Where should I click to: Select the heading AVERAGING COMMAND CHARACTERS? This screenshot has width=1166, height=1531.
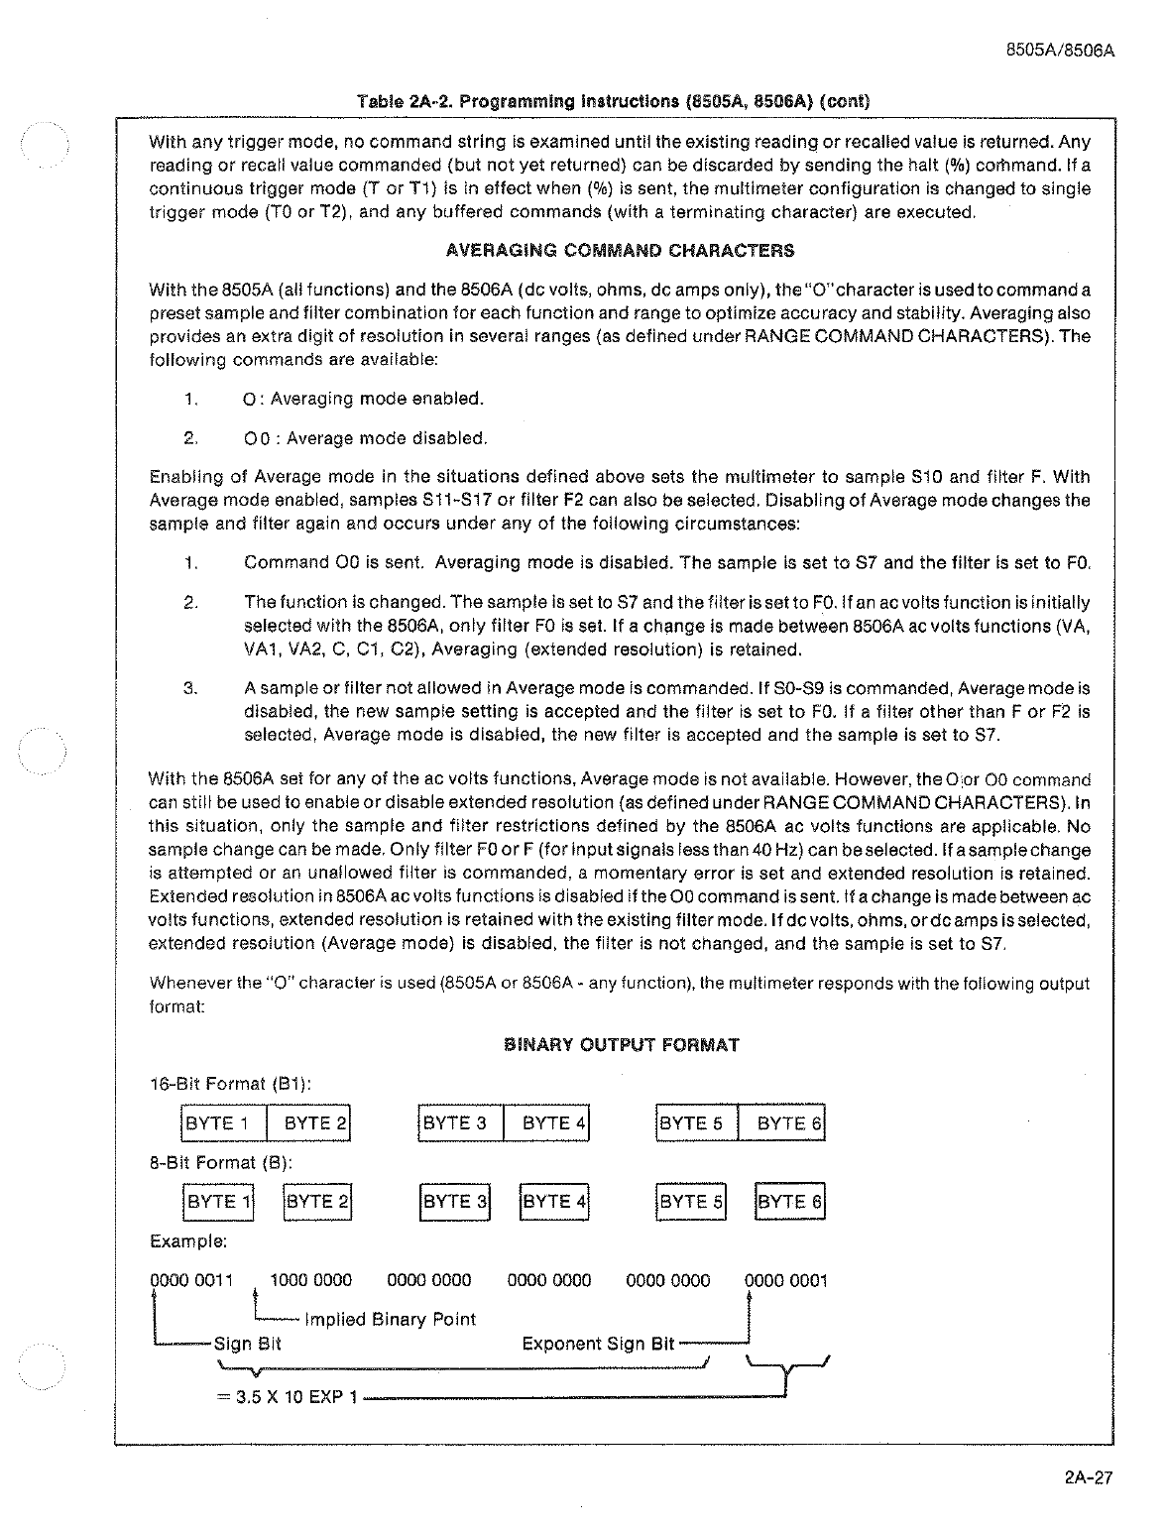pyautogui.click(x=620, y=251)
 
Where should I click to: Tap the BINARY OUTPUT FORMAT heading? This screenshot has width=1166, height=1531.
pyautogui.click(x=622, y=1044)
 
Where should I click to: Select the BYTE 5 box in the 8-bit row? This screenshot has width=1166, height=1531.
pyautogui.click(x=690, y=1202)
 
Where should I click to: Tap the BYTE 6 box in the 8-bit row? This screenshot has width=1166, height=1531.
pyautogui.click(x=789, y=1202)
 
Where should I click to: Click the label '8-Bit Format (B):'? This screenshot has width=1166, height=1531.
pyautogui.click(x=220, y=1162)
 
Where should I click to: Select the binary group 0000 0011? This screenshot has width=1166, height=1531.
pyautogui.click(x=190, y=1280)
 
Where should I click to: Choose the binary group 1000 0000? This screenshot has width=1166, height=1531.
pyautogui.click(x=310, y=1280)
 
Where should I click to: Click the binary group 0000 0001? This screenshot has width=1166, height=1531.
pyautogui.click(x=786, y=1280)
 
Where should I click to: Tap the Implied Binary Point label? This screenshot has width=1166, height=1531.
pyautogui.click(x=390, y=1320)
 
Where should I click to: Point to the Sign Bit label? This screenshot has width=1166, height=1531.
pyautogui.click(x=248, y=1344)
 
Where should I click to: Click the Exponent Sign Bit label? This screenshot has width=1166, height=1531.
pyautogui.click(x=598, y=1344)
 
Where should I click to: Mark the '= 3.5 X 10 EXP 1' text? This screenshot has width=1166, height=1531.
pyautogui.click(x=287, y=1397)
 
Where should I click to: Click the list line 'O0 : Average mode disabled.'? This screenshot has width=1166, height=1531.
pyautogui.click(x=365, y=438)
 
